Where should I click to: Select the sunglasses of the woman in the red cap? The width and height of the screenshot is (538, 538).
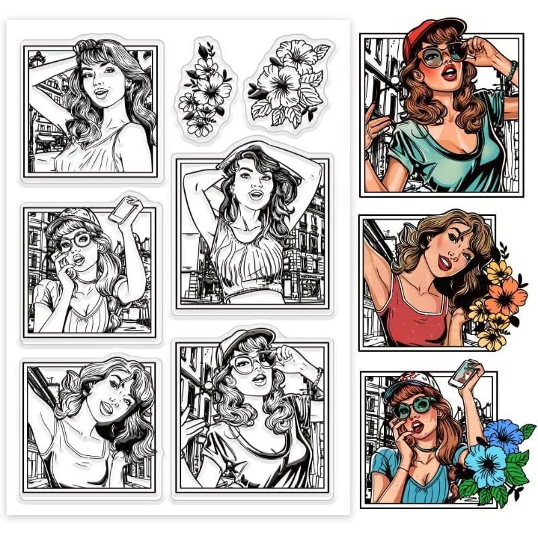coord(440,54)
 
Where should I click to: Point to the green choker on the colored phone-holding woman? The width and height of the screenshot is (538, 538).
coord(422,446)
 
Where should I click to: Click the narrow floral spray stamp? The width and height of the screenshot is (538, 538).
coord(205,87)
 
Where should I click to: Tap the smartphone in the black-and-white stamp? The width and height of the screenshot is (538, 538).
coord(123,210)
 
